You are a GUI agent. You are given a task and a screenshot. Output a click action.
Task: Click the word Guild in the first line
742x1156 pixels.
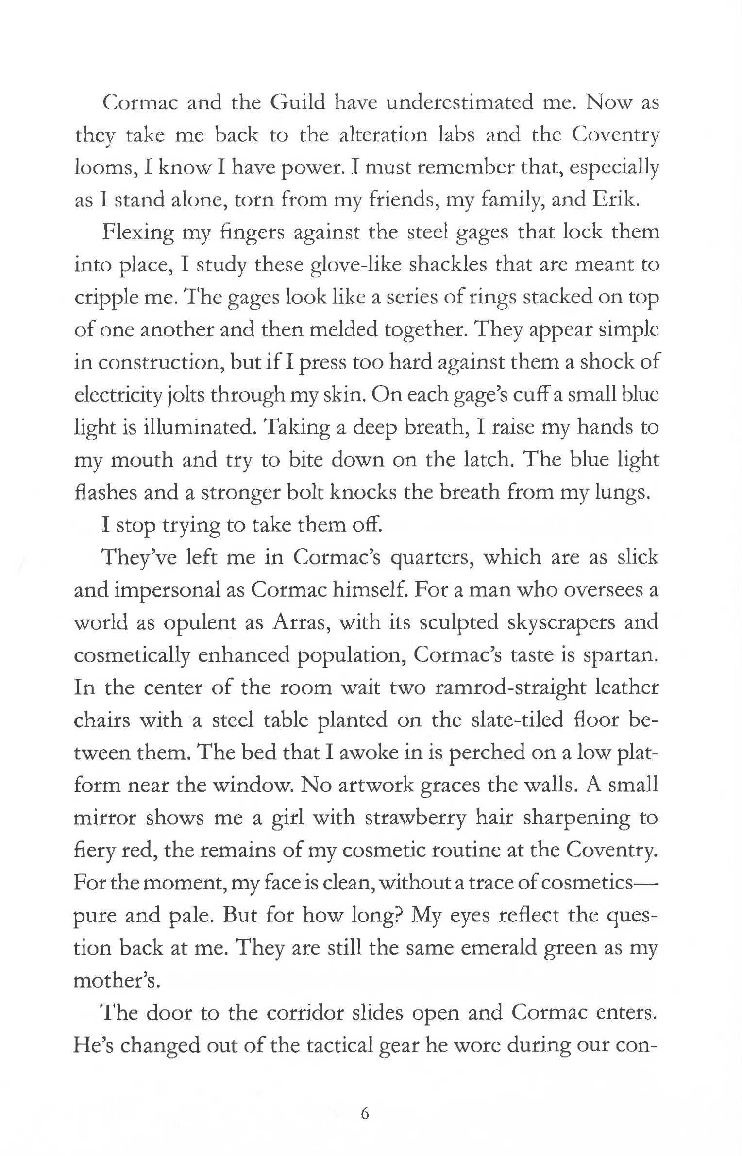(297, 102)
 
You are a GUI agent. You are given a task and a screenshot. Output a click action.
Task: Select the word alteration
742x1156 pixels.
(380, 134)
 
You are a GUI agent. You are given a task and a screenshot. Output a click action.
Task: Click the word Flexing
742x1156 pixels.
(137, 233)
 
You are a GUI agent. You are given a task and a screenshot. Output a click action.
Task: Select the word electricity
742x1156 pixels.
(118, 395)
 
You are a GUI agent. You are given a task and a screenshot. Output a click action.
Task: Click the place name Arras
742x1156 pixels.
(301, 622)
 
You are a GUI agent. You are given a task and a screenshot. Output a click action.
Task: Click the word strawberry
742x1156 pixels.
(415, 818)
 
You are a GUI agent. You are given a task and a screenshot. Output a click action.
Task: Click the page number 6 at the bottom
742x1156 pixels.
(365, 1113)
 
